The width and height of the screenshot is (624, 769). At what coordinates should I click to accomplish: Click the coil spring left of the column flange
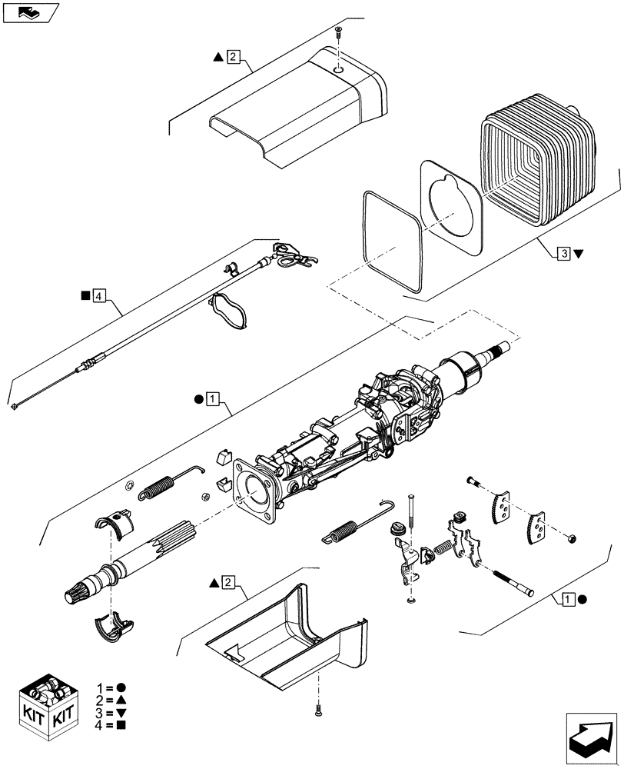(157, 488)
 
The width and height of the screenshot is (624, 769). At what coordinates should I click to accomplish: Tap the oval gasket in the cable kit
(230, 311)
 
